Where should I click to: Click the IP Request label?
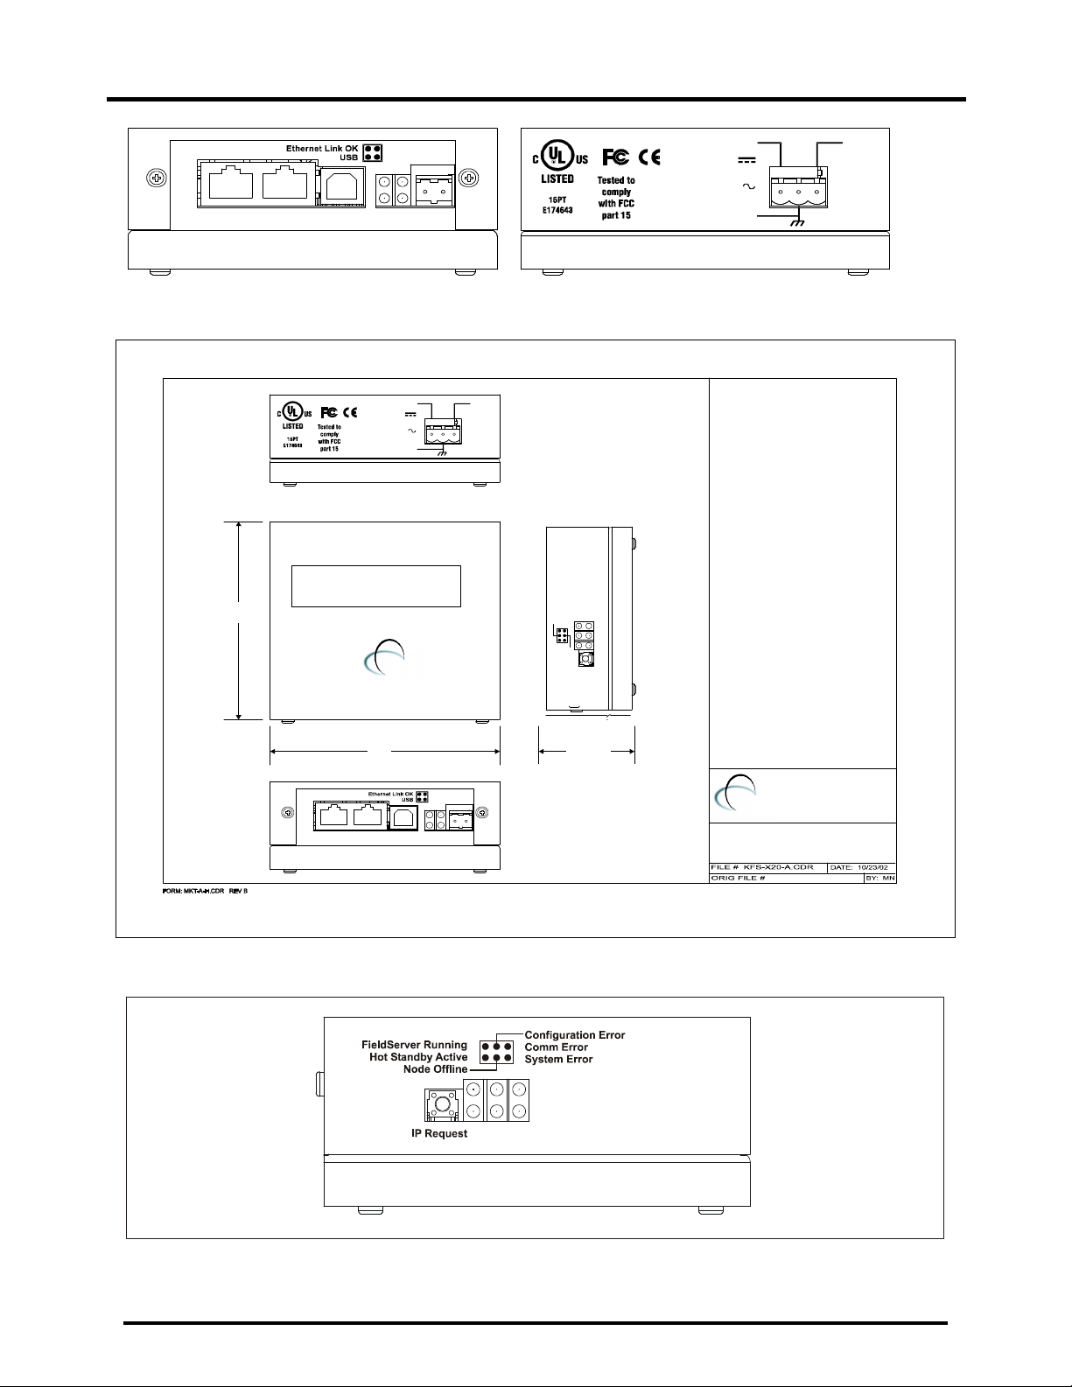439,1133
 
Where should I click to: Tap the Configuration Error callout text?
575,1035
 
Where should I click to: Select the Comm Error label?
556,1047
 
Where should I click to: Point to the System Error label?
558,1060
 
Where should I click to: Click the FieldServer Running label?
414,1046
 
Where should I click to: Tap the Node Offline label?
435,1069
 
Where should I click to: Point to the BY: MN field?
879,878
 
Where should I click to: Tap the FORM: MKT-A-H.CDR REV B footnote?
206,892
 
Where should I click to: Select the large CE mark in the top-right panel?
649,158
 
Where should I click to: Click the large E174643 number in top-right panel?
554,211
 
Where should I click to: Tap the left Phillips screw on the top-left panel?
157,179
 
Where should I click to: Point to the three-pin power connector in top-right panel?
797,191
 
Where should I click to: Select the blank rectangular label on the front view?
376,586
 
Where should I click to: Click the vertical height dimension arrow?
239,620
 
